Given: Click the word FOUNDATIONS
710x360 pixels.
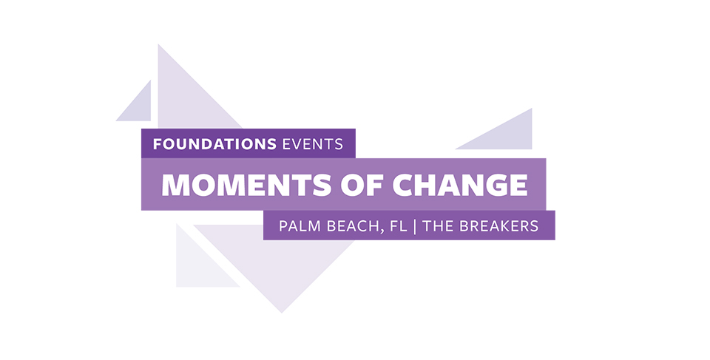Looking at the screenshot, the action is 214,144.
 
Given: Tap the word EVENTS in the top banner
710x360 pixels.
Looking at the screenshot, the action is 312,144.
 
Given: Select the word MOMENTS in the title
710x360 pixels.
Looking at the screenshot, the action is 246,185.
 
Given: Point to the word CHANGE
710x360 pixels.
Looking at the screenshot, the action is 460,185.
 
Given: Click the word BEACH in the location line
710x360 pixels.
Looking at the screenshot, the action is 353,225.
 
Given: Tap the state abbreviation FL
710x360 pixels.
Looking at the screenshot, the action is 398,225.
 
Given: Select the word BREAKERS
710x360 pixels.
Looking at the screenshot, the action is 499,225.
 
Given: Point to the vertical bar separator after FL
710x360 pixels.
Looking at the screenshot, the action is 415,226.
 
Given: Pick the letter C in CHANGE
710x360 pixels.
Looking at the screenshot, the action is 404,185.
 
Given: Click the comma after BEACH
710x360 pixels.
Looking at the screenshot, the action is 382,231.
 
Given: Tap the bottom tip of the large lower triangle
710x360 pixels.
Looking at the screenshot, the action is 282,313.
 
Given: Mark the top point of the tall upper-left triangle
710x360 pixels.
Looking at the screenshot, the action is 158,44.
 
